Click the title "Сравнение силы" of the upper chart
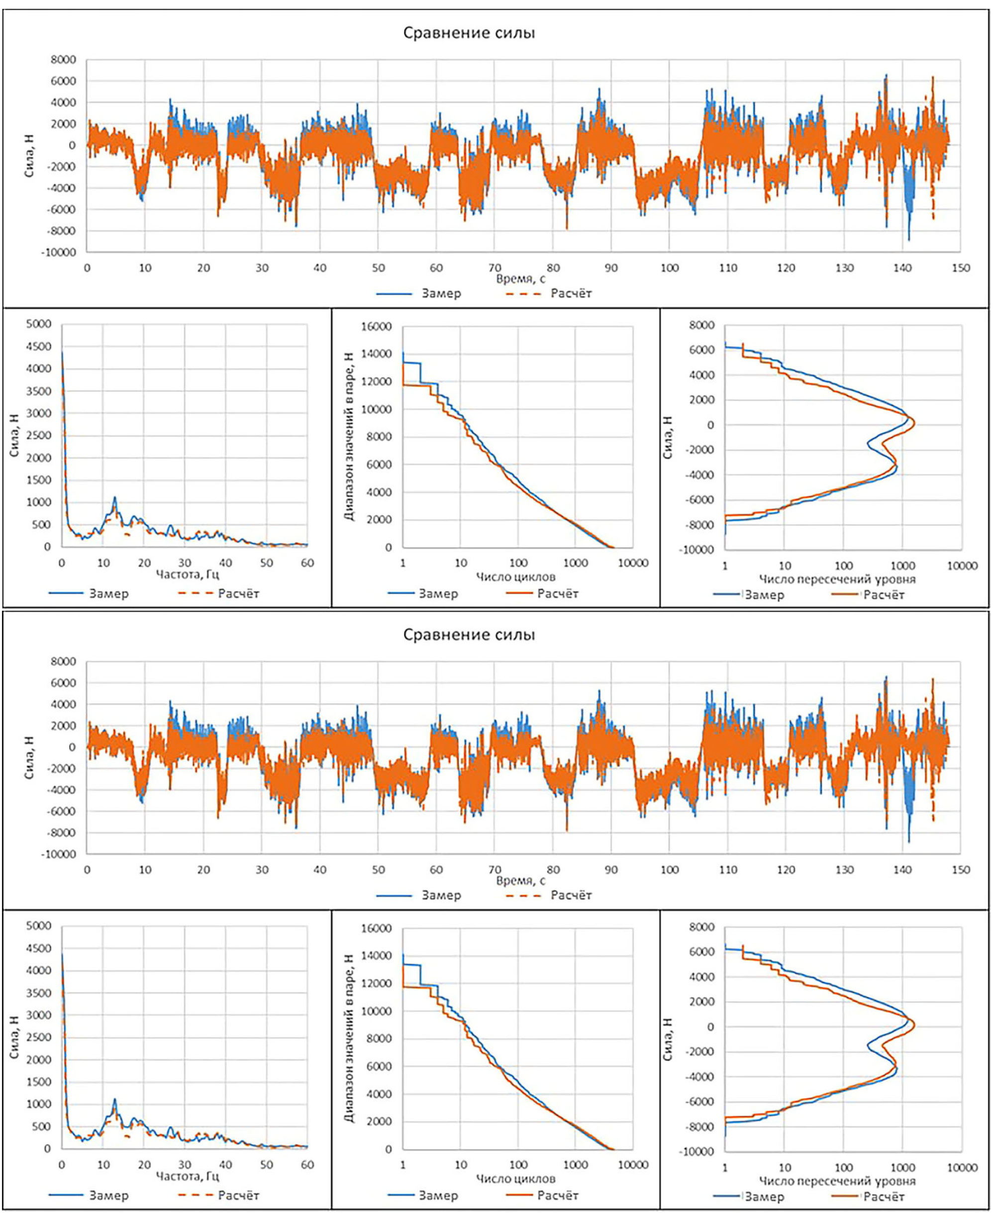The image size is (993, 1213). point(469,33)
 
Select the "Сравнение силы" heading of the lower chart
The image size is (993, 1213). point(469,635)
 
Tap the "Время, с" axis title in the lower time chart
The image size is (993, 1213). point(520,881)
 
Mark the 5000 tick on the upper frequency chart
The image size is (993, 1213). point(39,324)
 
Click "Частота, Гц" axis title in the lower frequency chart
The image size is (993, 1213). point(187,1176)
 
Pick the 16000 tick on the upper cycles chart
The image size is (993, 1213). point(378,327)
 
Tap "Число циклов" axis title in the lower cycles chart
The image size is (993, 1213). point(515,1179)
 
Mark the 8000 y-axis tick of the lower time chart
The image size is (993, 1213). point(64,661)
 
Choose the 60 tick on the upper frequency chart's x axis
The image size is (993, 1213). point(307,563)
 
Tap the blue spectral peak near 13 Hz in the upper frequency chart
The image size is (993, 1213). point(114,497)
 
